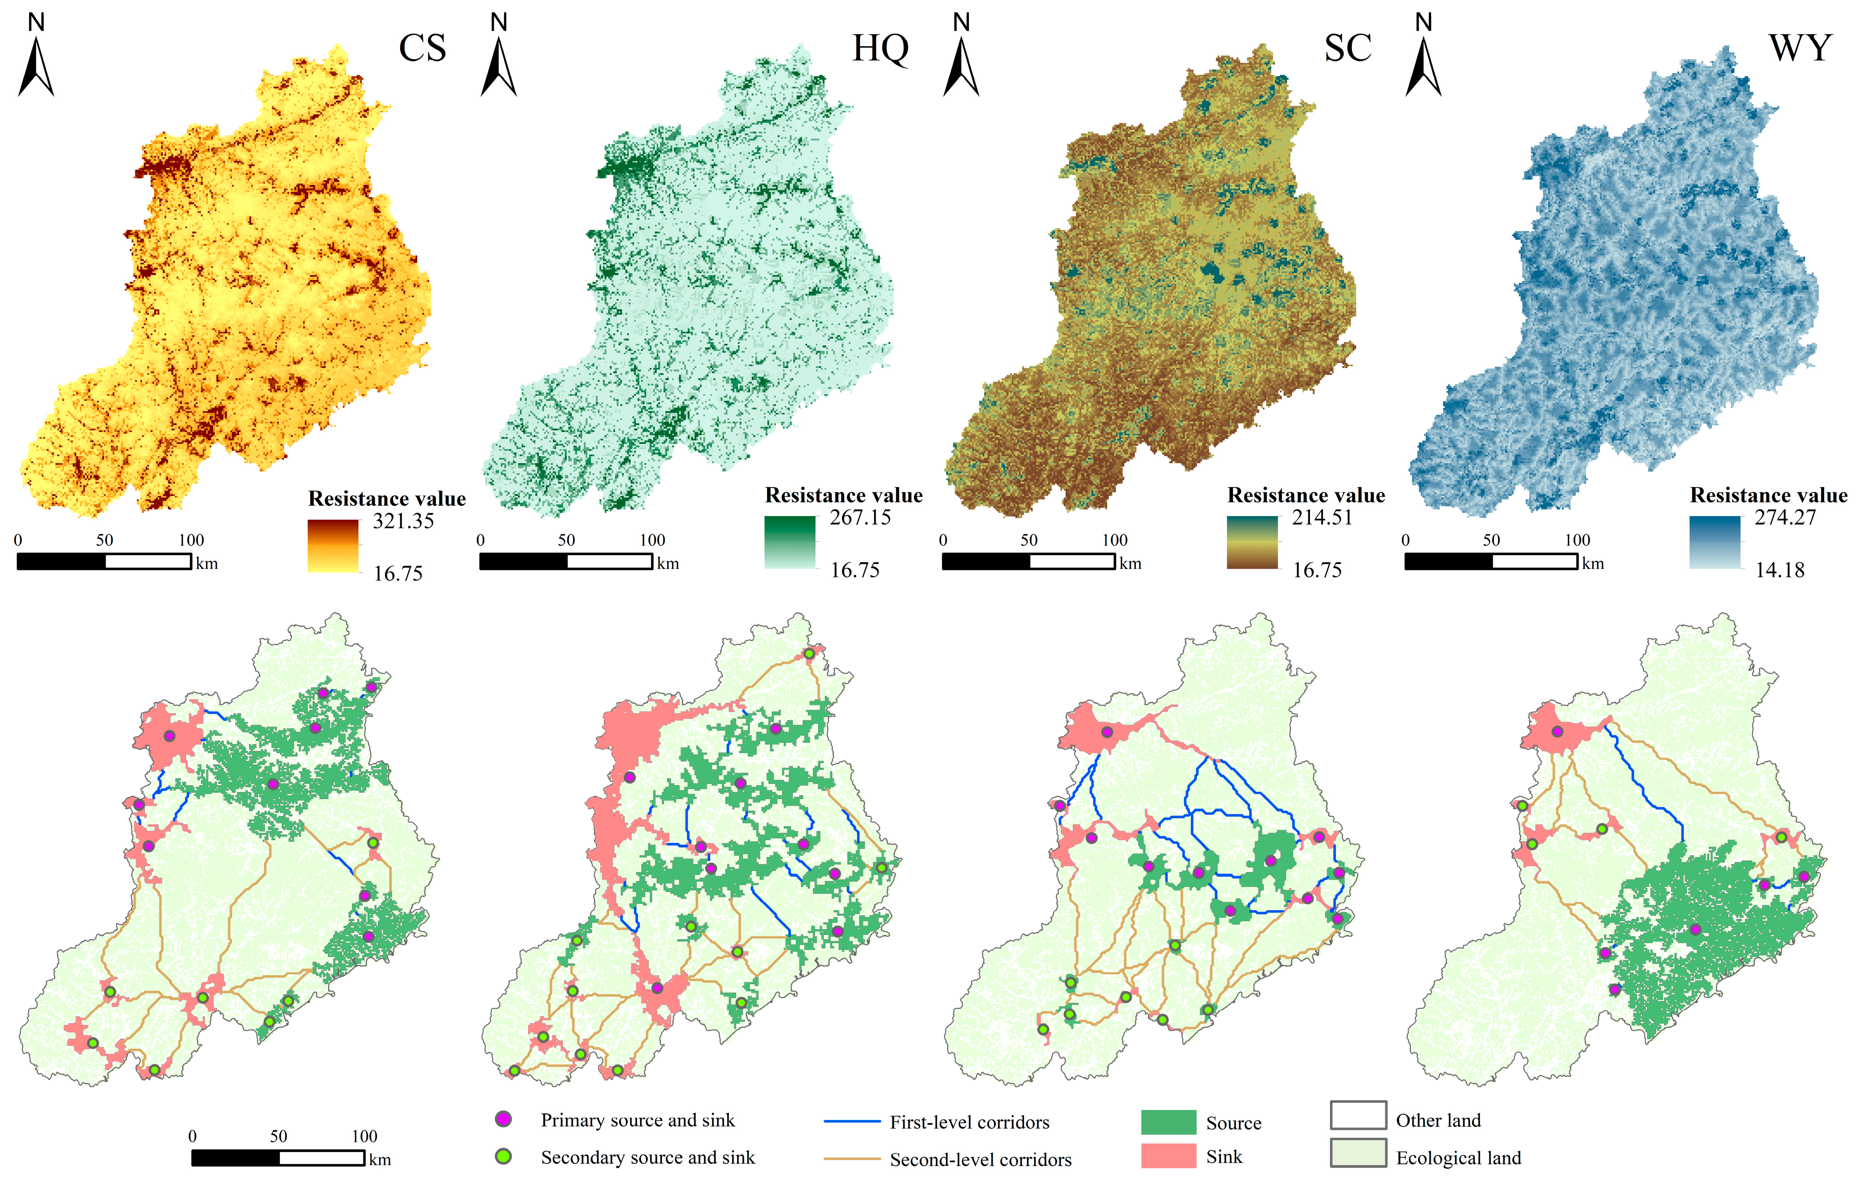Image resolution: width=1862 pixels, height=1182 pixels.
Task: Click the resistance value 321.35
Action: coord(403,521)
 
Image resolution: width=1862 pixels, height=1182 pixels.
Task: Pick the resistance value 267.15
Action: coord(860,517)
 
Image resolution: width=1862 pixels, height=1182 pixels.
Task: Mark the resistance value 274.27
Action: coord(1785,517)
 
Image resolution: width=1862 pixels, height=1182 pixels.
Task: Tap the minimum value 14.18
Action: coord(1779,570)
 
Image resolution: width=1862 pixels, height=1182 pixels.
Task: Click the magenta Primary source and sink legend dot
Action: coord(503,1119)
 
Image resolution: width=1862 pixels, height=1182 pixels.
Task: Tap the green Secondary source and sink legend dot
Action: coord(503,1156)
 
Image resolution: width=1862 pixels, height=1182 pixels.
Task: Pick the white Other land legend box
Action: coord(1358,1116)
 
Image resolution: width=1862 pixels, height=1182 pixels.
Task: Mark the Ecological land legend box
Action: coord(1358,1152)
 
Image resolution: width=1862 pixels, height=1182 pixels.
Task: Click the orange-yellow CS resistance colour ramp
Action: coord(333,545)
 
